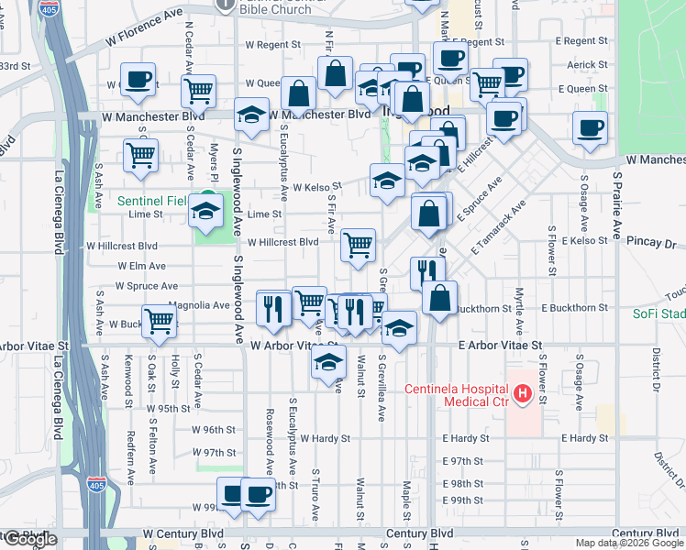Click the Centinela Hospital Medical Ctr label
click(457, 395)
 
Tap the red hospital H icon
click(523, 394)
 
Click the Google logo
click(30, 539)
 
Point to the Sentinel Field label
click(151, 200)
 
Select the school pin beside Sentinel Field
click(205, 212)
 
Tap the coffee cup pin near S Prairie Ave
click(590, 127)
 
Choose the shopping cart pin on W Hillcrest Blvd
click(358, 244)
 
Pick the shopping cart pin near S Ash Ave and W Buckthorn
click(160, 321)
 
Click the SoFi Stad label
click(658, 313)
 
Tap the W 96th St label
click(214, 430)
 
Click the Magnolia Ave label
click(199, 305)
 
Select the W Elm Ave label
click(141, 266)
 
